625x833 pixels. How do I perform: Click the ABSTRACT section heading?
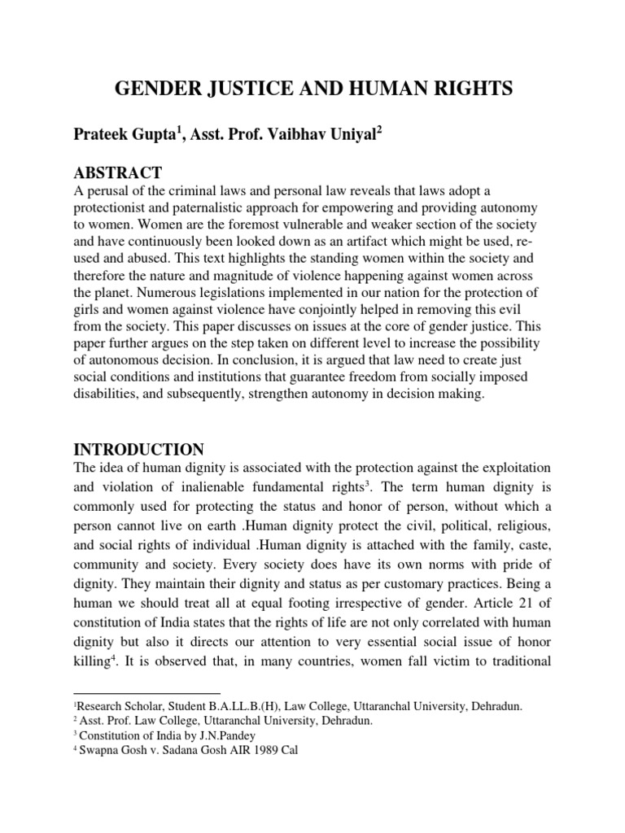118,172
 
